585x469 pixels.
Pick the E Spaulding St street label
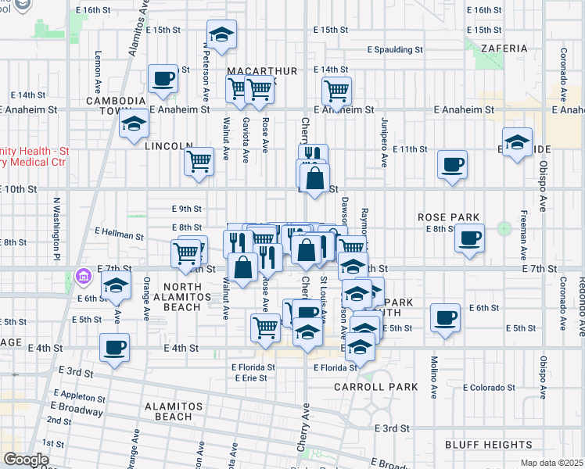coord(395,49)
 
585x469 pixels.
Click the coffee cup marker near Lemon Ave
coord(163,78)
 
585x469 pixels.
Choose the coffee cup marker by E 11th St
coord(452,165)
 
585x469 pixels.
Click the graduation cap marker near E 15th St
coord(223,36)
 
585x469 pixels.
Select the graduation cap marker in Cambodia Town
coord(134,124)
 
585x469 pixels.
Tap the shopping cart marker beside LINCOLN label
coord(199,162)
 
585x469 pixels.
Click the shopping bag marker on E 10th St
coord(314,178)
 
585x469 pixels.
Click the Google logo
coord(26,460)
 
